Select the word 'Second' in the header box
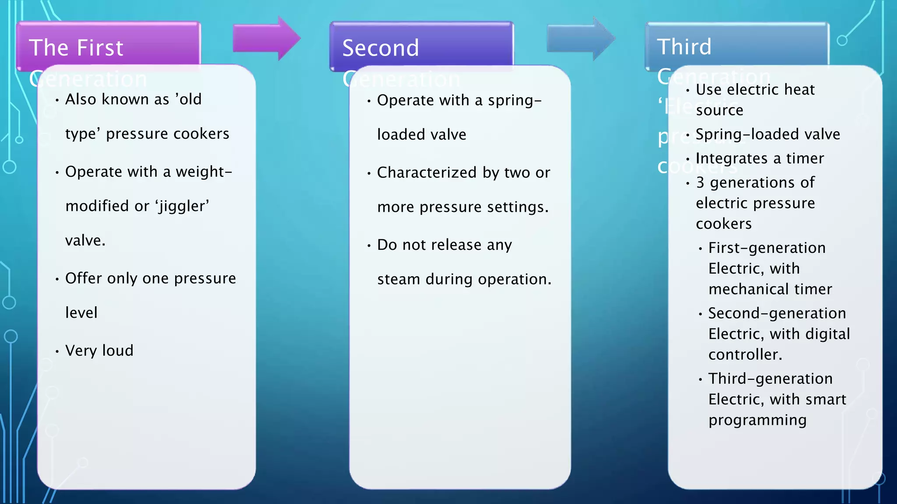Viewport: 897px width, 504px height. coord(381,48)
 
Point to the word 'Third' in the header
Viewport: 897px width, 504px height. coord(684,46)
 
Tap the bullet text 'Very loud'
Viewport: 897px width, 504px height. coord(99,350)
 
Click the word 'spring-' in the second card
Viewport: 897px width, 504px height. coord(515,101)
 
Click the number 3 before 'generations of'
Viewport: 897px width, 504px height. coord(700,182)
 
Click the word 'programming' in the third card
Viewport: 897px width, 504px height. coord(757,420)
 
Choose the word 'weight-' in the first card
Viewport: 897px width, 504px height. coord(204,172)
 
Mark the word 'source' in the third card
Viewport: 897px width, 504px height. coord(720,110)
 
